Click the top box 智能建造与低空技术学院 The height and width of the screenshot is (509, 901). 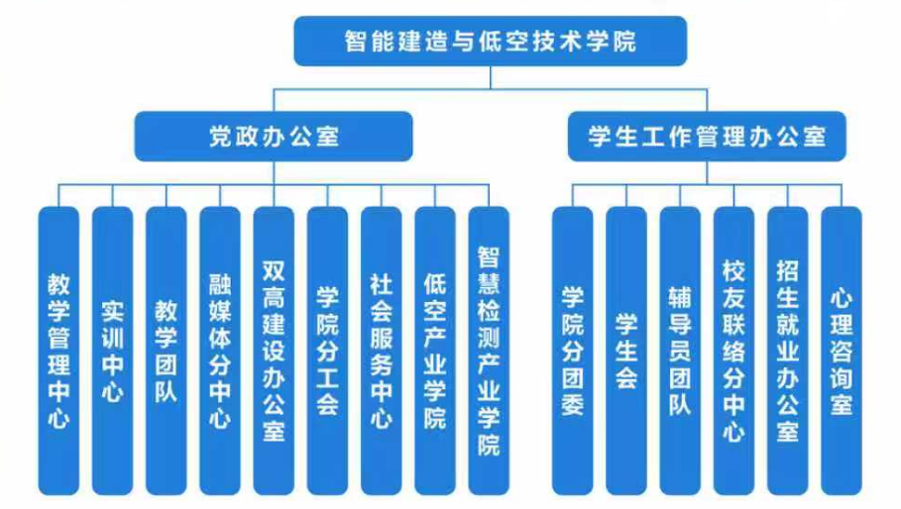pyautogui.click(x=490, y=42)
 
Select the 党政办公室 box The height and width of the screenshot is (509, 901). pyautogui.click(x=274, y=136)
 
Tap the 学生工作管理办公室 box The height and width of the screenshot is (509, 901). pyautogui.click(x=707, y=136)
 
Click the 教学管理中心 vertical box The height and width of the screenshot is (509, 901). pyautogui.click(x=58, y=352)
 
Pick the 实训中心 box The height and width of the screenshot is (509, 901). pyautogui.click(x=112, y=352)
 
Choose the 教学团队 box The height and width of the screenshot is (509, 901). pyautogui.click(x=166, y=352)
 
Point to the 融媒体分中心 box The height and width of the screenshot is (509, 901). pyautogui.click(x=219, y=352)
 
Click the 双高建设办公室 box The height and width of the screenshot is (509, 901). pyautogui.click(x=274, y=352)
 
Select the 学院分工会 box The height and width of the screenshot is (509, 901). pyautogui.click(x=327, y=352)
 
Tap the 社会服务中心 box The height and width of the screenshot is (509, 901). pyautogui.click(x=381, y=352)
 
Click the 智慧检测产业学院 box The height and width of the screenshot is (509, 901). pyautogui.click(x=489, y=352)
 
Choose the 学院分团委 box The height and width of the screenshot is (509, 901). pyautogui.click(x=572, y=352)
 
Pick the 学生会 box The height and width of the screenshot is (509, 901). pyautogui.click(x=625, y=352)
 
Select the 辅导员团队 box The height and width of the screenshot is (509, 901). pyautogui.click(x=680, y=352)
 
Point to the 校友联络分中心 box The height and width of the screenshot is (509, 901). pyautogui.click(x=733, y=352)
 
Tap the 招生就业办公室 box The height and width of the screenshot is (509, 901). pyautogui.click(x=788, y=352)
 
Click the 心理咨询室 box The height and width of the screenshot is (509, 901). pyautogui.click(x=842, y=352)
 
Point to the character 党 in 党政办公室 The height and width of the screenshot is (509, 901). pyautogui.click(x=221, y=136)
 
